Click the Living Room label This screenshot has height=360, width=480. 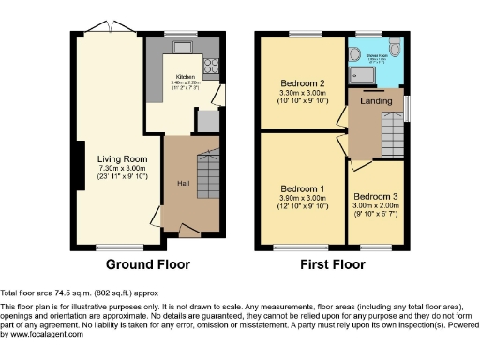click(122, 158)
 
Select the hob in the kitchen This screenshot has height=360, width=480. click(212, 66)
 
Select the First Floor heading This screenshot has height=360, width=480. click(332, 264)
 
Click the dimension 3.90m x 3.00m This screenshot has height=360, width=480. click(303, 198)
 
